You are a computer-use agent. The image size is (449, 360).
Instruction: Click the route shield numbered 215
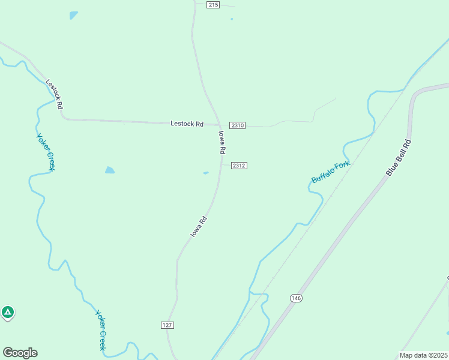point(212,5)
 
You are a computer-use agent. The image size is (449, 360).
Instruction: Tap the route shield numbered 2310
point(238,125)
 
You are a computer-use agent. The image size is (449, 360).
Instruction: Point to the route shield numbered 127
point(167,325)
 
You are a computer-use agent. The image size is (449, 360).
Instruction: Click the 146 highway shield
point(295,298)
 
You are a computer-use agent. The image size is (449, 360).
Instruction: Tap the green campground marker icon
point(7,312)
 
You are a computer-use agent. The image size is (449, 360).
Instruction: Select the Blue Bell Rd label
point(399,158)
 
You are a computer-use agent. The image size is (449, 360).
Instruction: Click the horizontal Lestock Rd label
point(187,124)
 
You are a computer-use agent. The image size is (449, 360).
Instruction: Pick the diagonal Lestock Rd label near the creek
point(55,94)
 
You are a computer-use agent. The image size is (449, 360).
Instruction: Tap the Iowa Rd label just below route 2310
point(221,142)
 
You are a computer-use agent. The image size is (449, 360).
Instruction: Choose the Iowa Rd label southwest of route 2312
point(199,226)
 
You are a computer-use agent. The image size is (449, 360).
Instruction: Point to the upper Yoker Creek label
point(46,152)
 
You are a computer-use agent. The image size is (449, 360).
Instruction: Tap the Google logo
point(20,353)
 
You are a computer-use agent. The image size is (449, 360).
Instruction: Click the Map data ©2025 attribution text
point(423,355)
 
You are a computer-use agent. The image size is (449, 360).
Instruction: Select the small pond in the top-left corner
point(73,15)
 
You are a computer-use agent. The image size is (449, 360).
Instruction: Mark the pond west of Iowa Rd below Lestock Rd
point(109,170)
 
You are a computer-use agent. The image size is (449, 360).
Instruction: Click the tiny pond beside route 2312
point(206,173)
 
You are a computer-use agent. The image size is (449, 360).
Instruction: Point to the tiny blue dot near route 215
point(232,19)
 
